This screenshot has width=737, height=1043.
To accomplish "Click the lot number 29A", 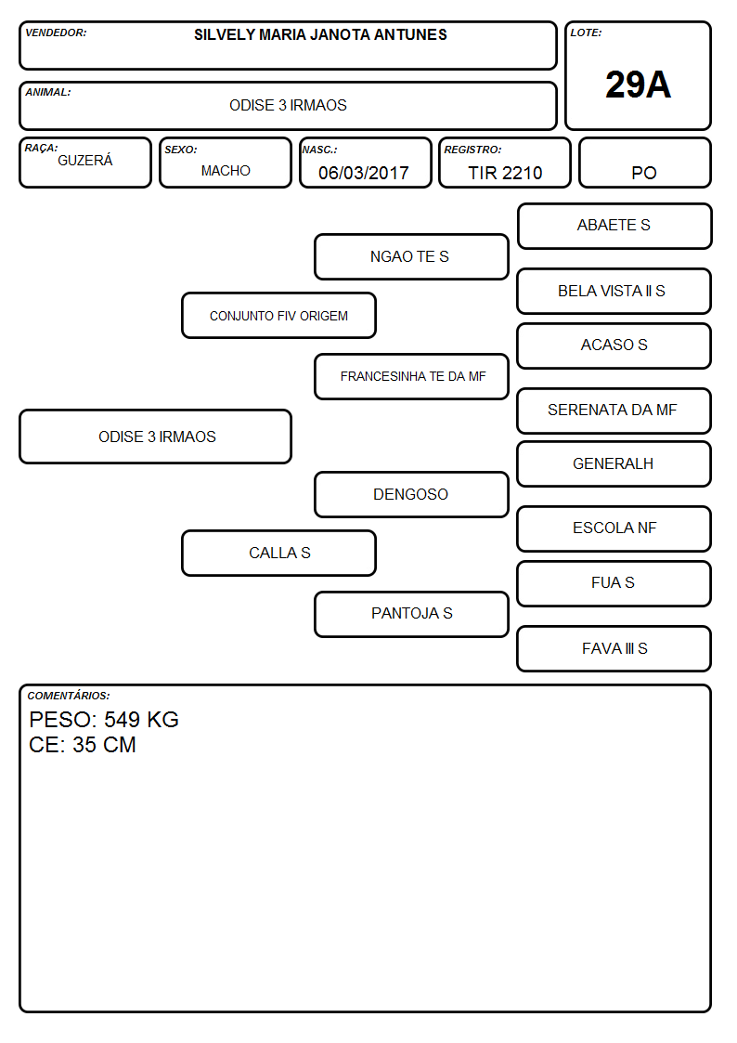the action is click(x=638, y=85).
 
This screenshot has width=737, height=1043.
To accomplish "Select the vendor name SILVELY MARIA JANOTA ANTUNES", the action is click(x=320, y=34).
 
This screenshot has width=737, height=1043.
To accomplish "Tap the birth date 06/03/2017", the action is click(x=364, y=173).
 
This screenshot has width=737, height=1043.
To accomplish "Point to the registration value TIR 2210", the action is click(x=505, y=173).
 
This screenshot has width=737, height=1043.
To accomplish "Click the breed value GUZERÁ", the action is click(x=85, y=160).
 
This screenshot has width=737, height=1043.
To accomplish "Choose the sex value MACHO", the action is click(x=226, y=171).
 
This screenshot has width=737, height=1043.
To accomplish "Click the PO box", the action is click(x=644, y=163).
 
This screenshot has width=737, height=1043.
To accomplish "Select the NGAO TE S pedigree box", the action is click(x=411, y=256).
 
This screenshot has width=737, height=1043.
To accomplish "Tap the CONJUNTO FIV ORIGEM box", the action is click(x=279, y=315).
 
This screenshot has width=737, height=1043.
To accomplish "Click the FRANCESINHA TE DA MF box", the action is click(x=411, y=376).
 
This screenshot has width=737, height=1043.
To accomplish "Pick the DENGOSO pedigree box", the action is click(x=411, y=494).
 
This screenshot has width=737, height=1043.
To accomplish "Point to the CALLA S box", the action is click(x=279, y=553).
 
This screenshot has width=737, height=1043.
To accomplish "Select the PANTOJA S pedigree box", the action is click(x=411, y=614).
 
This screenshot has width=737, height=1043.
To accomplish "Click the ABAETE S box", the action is click(x=614, y=227).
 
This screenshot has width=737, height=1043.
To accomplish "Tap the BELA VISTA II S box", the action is click(x=614, y=292).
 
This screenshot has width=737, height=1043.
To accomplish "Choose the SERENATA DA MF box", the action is click(x=614, y=411).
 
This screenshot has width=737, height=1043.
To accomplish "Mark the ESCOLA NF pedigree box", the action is click(x=614, y=528).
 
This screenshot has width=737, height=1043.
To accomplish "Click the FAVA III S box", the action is click(x=614, y=648).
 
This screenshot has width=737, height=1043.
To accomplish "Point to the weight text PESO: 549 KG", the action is click(x=104, y=720).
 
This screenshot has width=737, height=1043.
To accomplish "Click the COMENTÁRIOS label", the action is click(x=69, y=696).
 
